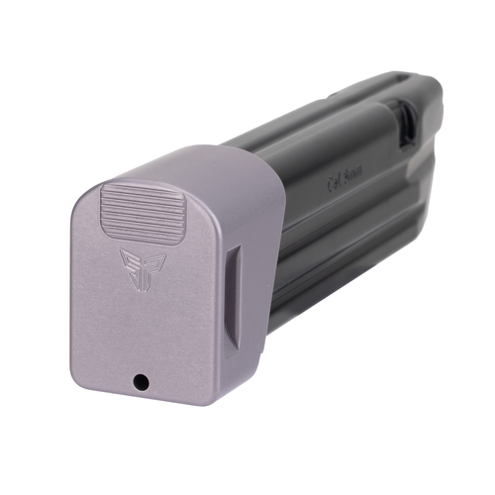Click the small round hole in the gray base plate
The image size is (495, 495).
coord(142,380)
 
